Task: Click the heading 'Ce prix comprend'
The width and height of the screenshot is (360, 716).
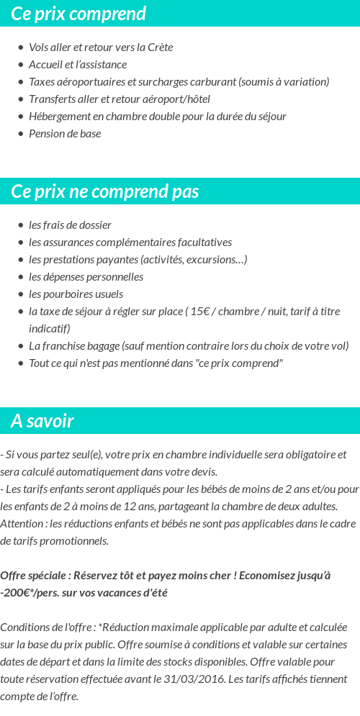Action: (x=78, y=14)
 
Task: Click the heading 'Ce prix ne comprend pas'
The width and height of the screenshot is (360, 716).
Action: (x=105, y=191)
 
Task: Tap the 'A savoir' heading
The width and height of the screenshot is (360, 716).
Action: (x=42, y=421)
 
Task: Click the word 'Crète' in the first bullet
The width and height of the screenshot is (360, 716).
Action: (x=159, y=47)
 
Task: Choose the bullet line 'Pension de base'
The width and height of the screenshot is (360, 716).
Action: (x=65, y=134)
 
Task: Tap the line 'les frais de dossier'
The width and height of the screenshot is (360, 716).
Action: (x=70, y=225)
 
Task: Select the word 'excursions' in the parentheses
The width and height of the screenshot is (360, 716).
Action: (x=213, y=260)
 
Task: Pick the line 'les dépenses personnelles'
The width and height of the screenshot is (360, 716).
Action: (x=86, y=277)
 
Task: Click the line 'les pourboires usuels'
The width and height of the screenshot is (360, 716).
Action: (x=76, y=294)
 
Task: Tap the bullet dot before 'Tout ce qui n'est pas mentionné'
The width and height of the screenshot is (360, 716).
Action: (x=20, y=363)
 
